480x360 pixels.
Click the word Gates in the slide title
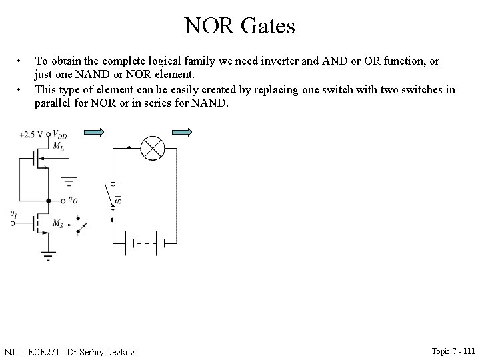pos(267,26)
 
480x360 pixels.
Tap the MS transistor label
pos(59,222)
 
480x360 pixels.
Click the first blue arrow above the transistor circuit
pos(95,133)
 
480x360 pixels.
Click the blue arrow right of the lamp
pos(181,133)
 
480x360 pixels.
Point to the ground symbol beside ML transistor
pos(69,179)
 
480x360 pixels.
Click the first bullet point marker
pos(21,61)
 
